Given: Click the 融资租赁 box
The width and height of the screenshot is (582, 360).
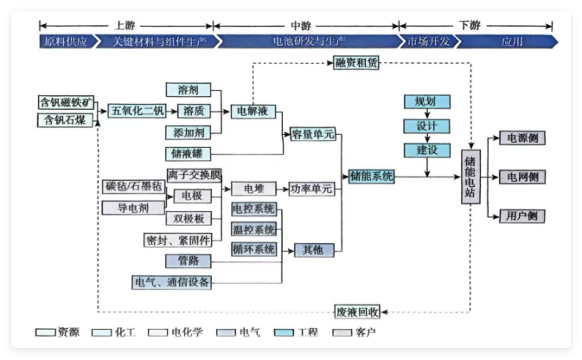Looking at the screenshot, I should (x=356, y=62).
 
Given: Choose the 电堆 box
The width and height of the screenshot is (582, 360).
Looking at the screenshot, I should (x=253, y=188).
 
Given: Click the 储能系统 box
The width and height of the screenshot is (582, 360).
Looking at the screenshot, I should (x=373, y=176).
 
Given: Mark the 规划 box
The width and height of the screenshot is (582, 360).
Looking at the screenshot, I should (x=425, y=102).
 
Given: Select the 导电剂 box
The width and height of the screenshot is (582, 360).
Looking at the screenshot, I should (x=127, y=208).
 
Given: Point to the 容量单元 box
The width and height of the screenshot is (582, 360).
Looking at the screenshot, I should (x=311, y=134).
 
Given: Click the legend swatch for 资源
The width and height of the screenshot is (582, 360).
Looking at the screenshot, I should (x=47, y=331).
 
